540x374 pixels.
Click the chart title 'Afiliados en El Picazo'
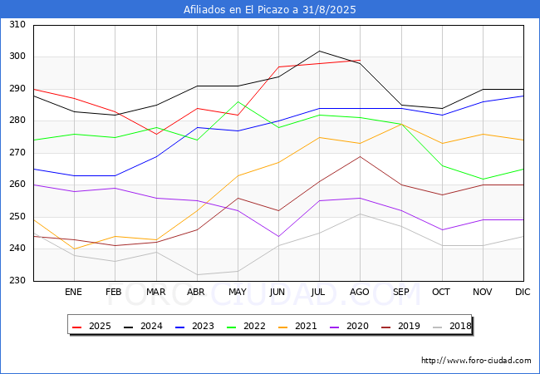tap(237, 9)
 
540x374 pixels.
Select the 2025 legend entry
tap(91, 326)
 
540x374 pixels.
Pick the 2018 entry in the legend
tap(452, 326)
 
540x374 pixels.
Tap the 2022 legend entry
tap(246, 326)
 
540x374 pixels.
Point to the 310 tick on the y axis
tap(17, 24)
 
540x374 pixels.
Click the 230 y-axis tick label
tap(17, 280)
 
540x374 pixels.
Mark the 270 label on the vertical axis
tap(17, 152)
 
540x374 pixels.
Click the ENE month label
tap(73, 292)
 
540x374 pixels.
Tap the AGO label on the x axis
tap(360, 292)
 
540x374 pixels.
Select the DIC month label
tap(523, 292)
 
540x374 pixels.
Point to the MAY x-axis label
tap(238, 292)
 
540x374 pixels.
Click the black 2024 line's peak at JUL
tap(320, 51)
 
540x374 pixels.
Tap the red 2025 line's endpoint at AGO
tap(361, 61)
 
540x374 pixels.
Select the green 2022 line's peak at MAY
tap(238, 102)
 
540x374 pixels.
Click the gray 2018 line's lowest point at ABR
tap(198, 275)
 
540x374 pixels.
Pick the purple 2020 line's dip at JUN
tap(278, 237)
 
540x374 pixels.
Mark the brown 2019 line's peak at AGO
tap(361, 157)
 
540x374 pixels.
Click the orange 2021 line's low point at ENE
tap(75, 249)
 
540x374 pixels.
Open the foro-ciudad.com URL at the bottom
tap(476, 361)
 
